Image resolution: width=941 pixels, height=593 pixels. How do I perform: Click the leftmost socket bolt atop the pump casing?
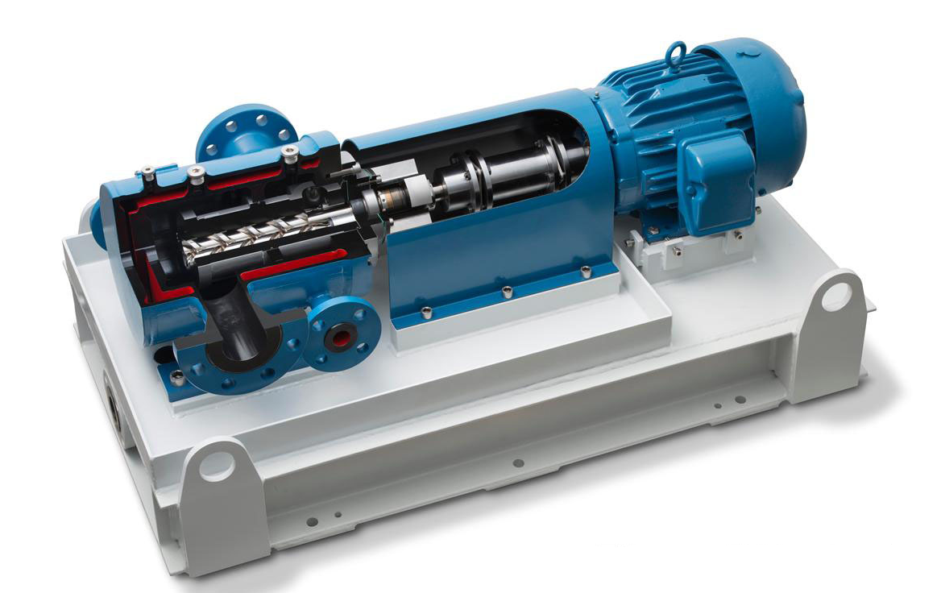click(147, 171)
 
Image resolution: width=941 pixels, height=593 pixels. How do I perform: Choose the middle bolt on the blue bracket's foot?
click(506, 291)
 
